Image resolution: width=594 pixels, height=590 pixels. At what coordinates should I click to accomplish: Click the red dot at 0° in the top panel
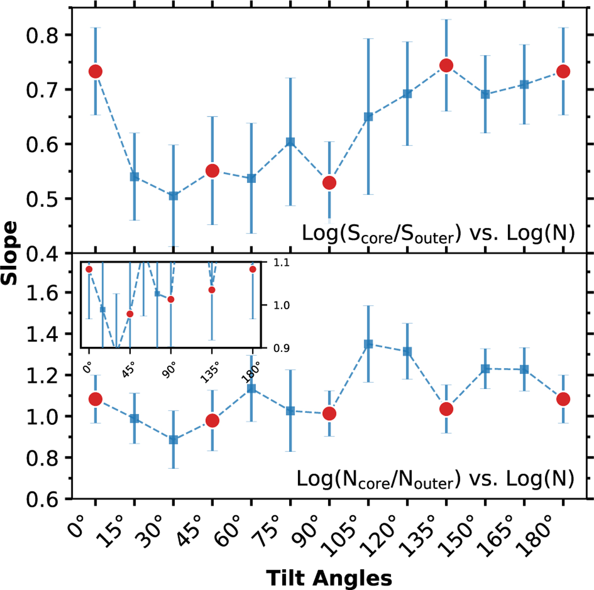pos(95,71)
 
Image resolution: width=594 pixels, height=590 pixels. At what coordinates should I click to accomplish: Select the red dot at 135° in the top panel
pos(446,65)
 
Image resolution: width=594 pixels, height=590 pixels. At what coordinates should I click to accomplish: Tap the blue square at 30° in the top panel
pos(173,196)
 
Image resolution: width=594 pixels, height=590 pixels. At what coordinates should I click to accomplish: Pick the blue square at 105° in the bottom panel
pos(368,344)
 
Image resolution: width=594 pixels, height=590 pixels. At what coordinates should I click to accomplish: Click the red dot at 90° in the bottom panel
pos(329,413)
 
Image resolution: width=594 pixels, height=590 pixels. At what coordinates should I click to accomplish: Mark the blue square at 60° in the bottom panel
pos(251,389)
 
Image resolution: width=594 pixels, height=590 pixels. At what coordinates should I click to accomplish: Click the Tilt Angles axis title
pos(329,578)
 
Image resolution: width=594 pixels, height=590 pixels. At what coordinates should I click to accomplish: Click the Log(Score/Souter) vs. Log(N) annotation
pos(438,233)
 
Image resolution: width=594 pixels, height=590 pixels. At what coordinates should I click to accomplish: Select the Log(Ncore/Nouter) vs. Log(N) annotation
pos(435,479)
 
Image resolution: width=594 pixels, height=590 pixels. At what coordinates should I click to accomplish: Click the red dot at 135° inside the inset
pos(212,290)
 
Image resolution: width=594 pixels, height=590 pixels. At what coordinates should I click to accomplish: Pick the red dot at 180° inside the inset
pos(253,269)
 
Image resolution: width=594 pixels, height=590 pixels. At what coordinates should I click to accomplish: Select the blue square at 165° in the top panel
pos(524,84)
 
